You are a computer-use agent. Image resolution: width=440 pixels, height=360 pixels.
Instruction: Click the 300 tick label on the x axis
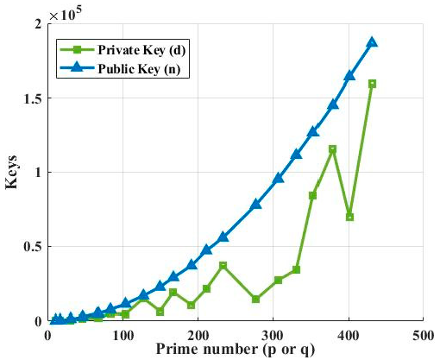click(273, 334)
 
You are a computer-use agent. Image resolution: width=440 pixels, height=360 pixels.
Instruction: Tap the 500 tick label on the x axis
click(423, 334)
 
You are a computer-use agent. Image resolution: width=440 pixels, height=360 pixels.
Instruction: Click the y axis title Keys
click(13, 173)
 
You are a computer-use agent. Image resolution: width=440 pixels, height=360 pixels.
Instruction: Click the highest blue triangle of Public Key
click(372, 42)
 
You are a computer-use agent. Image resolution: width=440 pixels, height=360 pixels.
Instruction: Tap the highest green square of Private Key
click(372, 84)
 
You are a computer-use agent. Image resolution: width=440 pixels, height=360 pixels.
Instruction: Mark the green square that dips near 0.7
click(349, 217)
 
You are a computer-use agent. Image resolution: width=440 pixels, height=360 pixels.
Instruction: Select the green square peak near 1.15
click(332, 149)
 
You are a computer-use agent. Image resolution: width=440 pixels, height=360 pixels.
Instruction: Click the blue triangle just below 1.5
click(333, 104)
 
